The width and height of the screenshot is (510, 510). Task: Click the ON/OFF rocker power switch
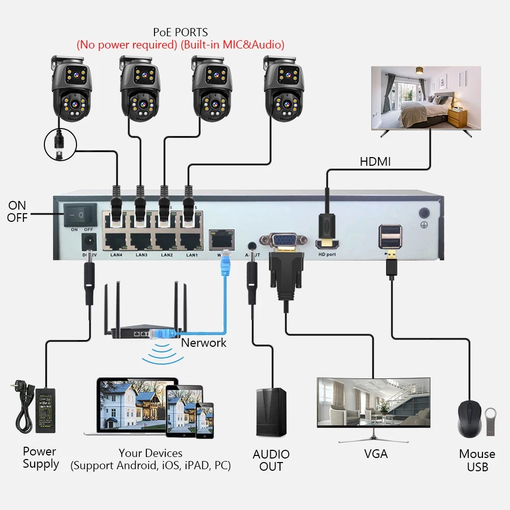coord(80,216)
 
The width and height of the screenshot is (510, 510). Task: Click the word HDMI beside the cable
coord(375,162)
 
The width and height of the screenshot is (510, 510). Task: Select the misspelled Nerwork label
coord(203,343)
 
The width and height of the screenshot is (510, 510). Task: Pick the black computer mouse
coord(470,419)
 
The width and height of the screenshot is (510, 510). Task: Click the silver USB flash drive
coord(490,421)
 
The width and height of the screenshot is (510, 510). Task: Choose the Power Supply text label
coord(40,457)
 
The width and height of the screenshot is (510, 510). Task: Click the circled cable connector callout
coord(60,143)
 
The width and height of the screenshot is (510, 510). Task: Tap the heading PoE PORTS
coord(180,33)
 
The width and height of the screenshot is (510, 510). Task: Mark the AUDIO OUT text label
coord(271,460)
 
